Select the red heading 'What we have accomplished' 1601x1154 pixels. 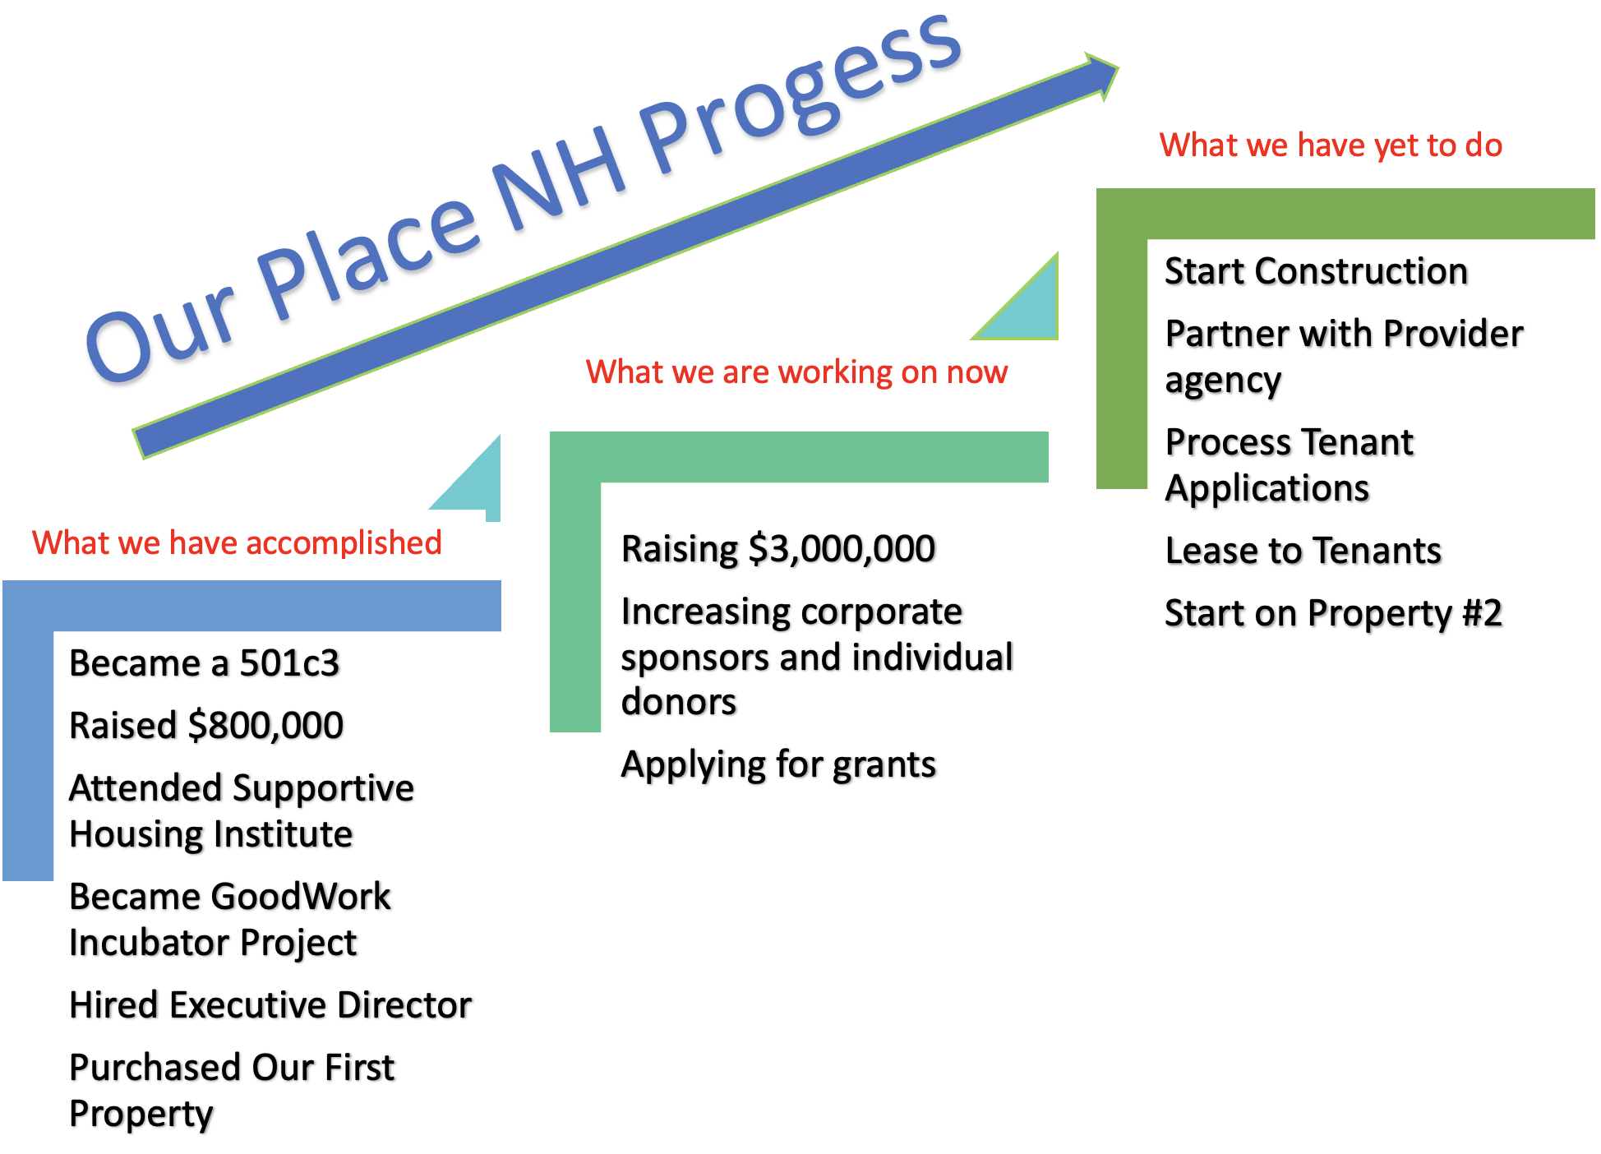click(237, 542)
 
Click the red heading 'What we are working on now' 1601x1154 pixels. click(796, 372)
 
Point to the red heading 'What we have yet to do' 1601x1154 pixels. click(1331, 145)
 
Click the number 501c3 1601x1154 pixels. click(289, 663)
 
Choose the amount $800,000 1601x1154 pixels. click(265, 726)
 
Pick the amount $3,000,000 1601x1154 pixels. click(842, 549)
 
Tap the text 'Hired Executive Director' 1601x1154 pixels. click(270, 1005)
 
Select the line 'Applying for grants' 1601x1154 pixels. click(778, 764)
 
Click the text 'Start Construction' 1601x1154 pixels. click(1316, 271)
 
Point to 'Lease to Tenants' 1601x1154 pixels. click(1303, 551)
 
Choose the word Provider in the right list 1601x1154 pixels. click(1452, 334)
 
